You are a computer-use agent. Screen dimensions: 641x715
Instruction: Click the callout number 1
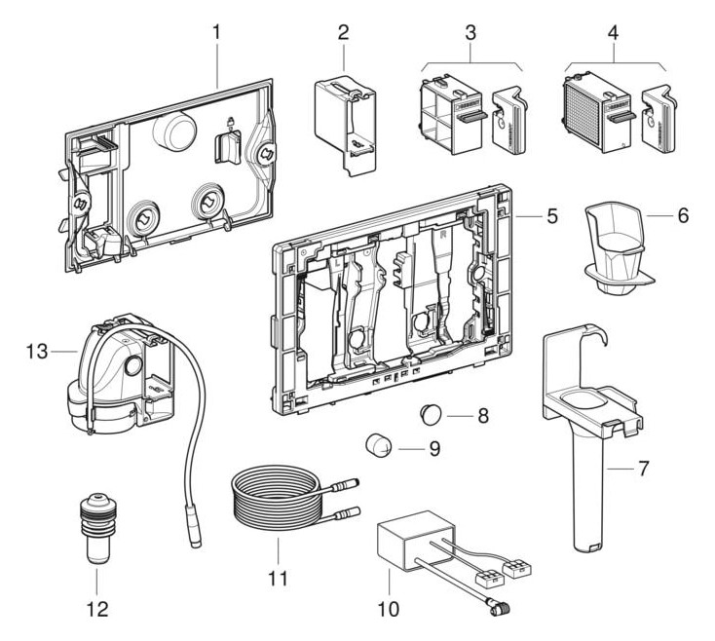point(215,31)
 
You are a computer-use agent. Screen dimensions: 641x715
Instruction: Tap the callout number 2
point(343,31)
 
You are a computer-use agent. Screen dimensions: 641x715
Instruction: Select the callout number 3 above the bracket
point(470,31)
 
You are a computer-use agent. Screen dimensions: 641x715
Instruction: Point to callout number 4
point(613,31)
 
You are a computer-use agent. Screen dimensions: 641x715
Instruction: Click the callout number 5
point(551,214)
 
